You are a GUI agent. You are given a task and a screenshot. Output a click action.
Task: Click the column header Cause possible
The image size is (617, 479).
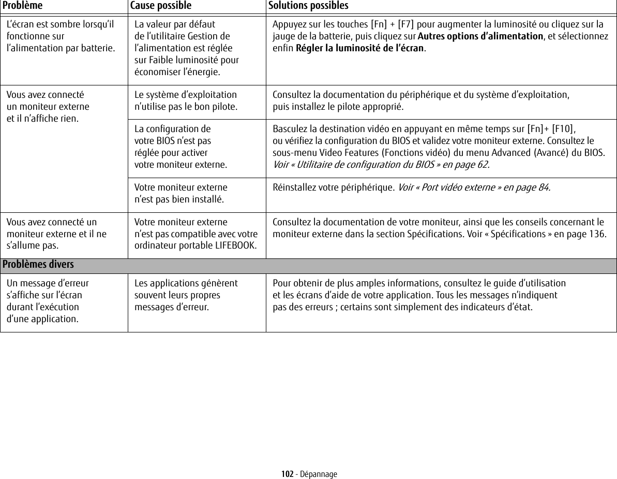coord(160,5)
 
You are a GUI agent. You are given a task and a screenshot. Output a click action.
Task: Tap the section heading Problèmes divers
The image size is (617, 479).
coord(38,265)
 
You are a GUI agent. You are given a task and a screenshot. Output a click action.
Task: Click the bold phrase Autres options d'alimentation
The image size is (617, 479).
coord(480,36)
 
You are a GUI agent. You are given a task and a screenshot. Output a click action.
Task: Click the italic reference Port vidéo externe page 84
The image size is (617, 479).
coord(474,187)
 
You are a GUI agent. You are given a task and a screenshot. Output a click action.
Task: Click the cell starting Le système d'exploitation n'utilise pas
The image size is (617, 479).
coord(186,101)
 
